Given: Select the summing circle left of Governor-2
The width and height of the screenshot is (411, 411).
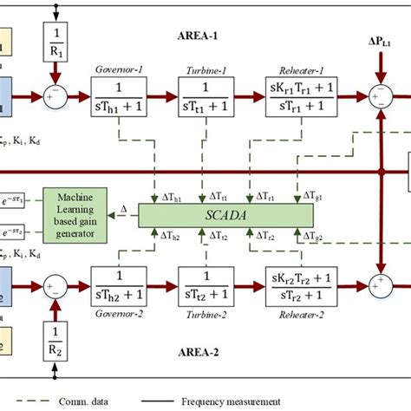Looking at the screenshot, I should [58, 285].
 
